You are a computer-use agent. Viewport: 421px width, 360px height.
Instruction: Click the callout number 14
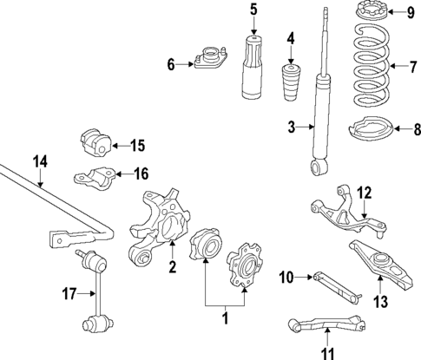38,160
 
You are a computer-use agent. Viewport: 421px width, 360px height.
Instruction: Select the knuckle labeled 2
160,230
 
